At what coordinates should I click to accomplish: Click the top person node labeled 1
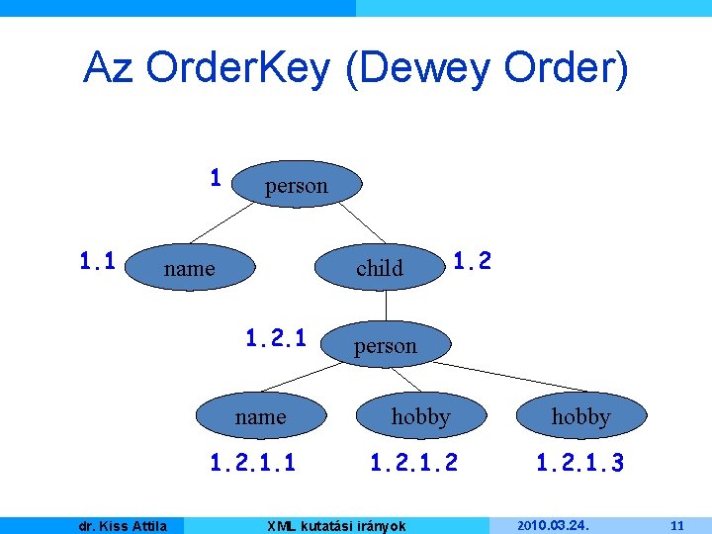pyautogui.click(x=296, y=185)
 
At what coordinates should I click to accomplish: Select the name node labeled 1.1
pyautogui.click(x=189, y=268)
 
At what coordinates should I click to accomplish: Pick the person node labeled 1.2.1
pyautogui.click(x=386, y=346)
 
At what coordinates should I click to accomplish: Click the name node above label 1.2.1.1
pyautogui.click(x=260, y=417)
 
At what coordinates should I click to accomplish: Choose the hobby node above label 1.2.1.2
pyautogui.click(x=420, y=417)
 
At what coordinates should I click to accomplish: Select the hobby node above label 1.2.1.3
pyautogui.click(x=580, y=417)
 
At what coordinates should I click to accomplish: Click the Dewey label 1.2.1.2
pyautogui.click(x=413, y=461)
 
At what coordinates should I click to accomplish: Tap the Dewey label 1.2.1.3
pyautogui.click(x=579, y=461)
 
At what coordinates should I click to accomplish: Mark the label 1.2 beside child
pyautogui.click(x=472, y=260)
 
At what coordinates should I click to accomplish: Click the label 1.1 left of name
pyautogui.click(x=99, y=261)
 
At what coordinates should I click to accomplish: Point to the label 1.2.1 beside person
pyautogui.click(x=276, y=338)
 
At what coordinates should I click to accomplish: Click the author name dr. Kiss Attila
pyautogui.click(x=123, y=525)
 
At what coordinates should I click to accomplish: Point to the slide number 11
pyautogui.click(x=676, y=525)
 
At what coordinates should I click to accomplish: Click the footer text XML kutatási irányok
pyautogui.click(x=337, y=525)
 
